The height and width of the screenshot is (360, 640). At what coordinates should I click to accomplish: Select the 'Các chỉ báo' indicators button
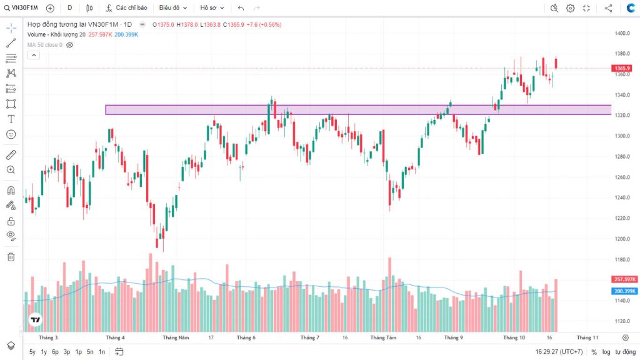[127, 8]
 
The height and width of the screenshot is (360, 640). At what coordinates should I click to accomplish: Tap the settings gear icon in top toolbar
[570, 8]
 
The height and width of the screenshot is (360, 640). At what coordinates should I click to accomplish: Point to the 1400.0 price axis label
[621, 33]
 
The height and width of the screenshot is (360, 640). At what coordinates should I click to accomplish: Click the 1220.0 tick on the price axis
[621, 218]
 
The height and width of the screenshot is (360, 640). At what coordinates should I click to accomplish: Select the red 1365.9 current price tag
[621, 68]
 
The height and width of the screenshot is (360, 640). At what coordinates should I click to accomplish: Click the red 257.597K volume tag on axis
[624, 279]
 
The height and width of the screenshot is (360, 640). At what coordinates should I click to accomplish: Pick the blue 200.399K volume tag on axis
[624, 291]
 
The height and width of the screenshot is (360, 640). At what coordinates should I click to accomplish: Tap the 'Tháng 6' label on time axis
[246, 337]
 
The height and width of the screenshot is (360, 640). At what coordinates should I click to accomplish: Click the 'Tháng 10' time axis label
[514, 337]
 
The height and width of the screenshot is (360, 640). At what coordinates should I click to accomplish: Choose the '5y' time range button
[32, 352]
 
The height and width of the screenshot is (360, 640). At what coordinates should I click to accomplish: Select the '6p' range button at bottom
[55, 352]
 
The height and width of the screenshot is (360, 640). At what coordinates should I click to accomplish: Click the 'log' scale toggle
[606, 352]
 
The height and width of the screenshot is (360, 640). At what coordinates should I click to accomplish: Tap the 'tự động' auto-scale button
[625, 352]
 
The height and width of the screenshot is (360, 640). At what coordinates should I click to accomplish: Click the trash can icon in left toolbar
[11, 256]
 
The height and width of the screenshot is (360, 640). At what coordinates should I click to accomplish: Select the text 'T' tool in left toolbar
[11, 119]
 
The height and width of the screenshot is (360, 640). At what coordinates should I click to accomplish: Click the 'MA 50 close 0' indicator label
[44, 45]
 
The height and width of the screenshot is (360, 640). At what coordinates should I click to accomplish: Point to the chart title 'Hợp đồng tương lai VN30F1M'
[76, 24]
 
